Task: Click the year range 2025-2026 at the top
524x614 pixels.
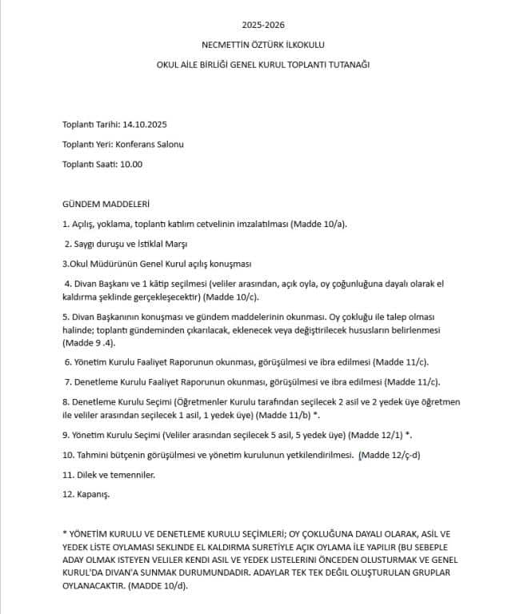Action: (x=262, y=26)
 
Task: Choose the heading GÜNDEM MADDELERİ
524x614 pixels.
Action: (x=106, y=205)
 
